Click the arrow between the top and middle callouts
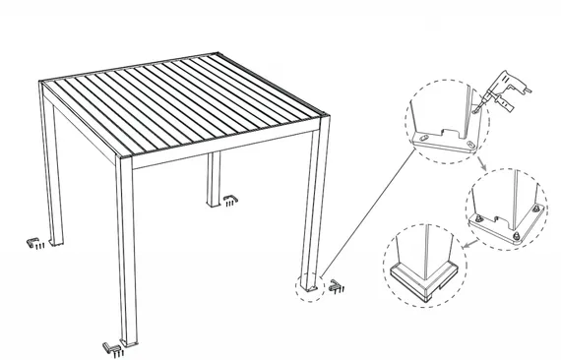[x=483, y=165]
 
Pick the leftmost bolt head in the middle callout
[x=478, y=217]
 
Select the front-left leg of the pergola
[x=125, y=256]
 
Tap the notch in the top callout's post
[x=449, y=128]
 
